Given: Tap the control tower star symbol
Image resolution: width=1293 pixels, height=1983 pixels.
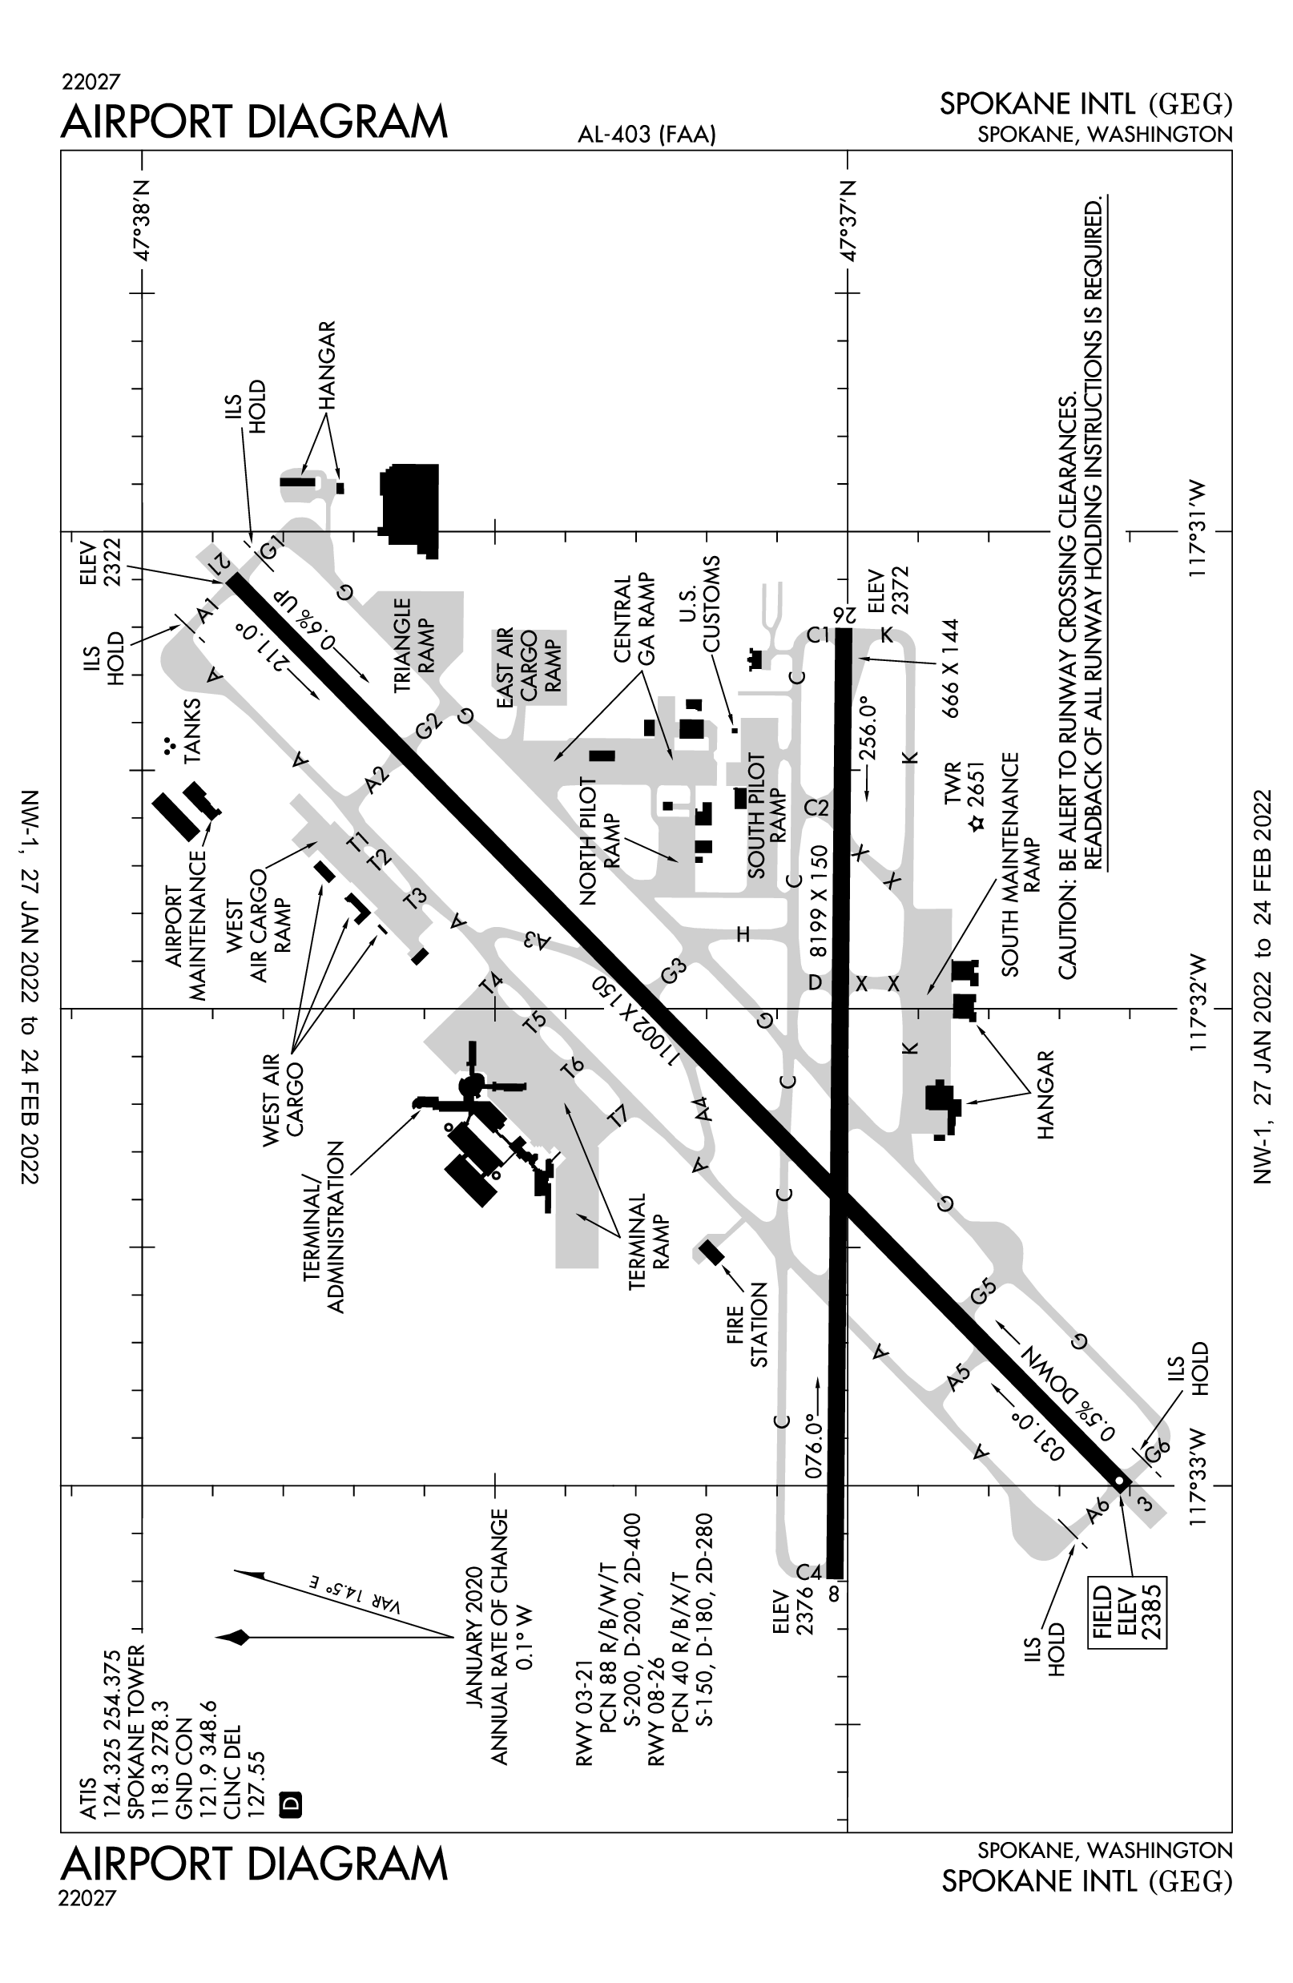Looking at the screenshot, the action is pyautogui.click(x=977, y=823).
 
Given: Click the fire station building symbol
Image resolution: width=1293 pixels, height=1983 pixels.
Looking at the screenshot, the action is pyautogui.click(x=711, y=1251).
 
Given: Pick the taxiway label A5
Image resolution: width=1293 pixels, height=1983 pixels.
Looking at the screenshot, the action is pyautogui.click(x=959, y=1376).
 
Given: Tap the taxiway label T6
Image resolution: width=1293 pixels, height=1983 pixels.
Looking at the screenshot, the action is pyautogui.click(x=571, y=1068).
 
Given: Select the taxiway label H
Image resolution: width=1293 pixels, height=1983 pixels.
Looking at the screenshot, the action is pyautogui.click(x=743, y=934).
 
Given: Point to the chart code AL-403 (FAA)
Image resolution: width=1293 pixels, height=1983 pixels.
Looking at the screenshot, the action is pyautogui.click(x=647, y=135).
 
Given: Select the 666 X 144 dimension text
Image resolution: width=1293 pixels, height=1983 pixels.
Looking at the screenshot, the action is pyautogui.click(x=950, y=668).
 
